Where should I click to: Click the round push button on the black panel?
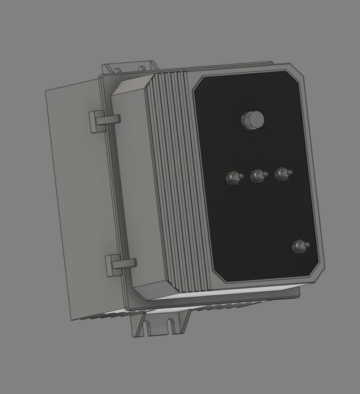coord(252,119)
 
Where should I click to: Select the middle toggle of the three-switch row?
coord(257,177)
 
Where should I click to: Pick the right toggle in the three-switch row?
coord(282,174)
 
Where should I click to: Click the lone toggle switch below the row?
coord(300,246)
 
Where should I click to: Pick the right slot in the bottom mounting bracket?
coord(174,323)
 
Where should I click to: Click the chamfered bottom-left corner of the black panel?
coord(218,275)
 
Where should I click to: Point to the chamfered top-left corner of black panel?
coord(199,85)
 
